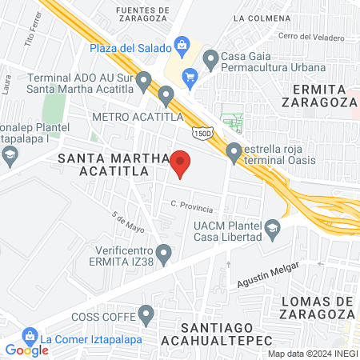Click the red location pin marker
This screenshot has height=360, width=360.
tap(181, 162)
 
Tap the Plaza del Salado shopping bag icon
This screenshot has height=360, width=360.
tap(182, 45)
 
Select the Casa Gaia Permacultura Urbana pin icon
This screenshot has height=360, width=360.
tap(211, 58)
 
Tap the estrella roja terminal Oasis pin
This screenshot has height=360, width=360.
tap(234, 150)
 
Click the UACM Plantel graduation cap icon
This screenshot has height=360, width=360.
tap(272, 229)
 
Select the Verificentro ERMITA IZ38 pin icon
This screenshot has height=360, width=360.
tap(164, 254)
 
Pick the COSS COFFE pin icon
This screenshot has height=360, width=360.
tap(146, 313)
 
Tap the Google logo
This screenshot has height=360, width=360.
tap(26, 350)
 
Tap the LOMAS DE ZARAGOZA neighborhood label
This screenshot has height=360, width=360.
tap(318, 308)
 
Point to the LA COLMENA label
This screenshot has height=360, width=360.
tap(260, 17)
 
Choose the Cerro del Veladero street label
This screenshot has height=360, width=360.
tap(311, 36)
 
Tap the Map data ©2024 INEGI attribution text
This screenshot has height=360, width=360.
tap(312, 354)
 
